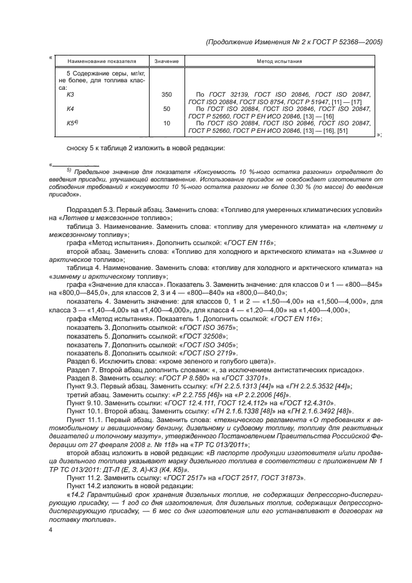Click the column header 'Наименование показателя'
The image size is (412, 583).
point(102,62)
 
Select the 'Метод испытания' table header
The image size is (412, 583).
point(279,62)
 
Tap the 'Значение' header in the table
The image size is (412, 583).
point(166,62)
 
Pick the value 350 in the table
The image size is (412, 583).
point(166,94)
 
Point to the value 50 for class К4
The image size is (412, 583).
point(166,108)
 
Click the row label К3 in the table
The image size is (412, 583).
point(70,94)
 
